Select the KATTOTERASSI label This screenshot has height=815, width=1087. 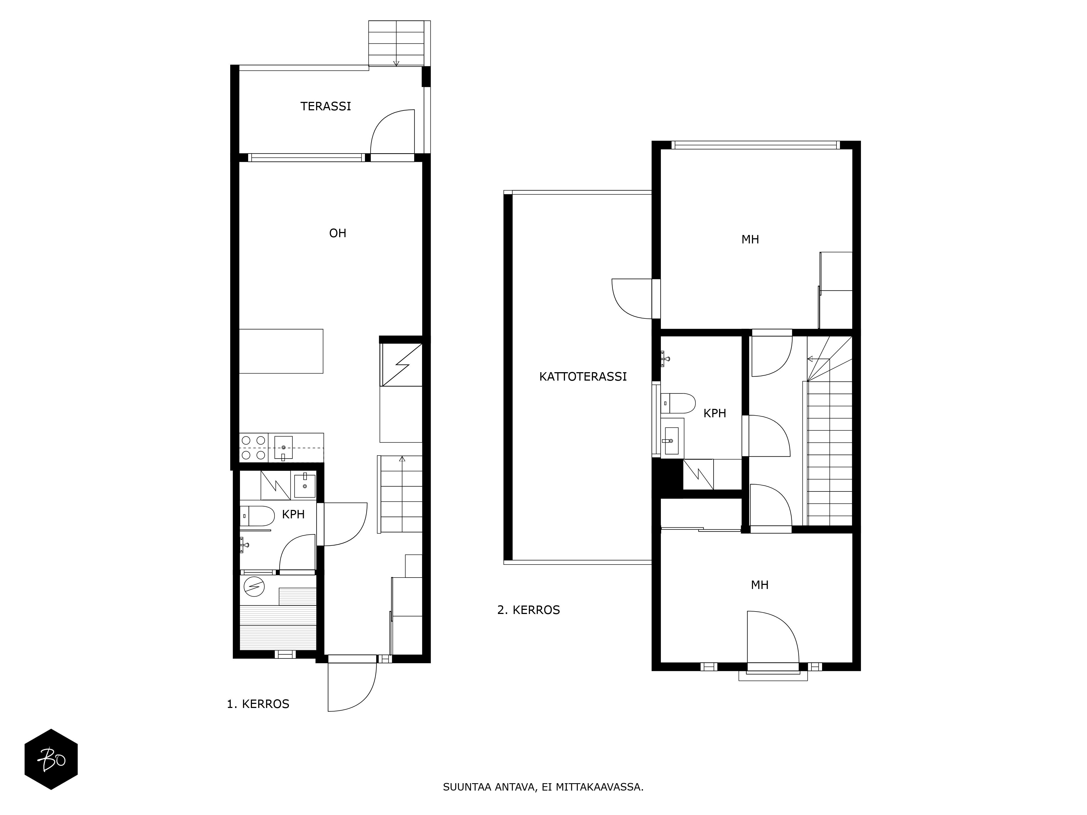[583, 377]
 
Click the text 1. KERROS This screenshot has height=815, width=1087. [258, 704]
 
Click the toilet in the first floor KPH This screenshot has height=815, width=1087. [257, 516]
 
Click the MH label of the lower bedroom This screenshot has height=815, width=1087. [760, 585]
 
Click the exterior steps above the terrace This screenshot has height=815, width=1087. [396, 43]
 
